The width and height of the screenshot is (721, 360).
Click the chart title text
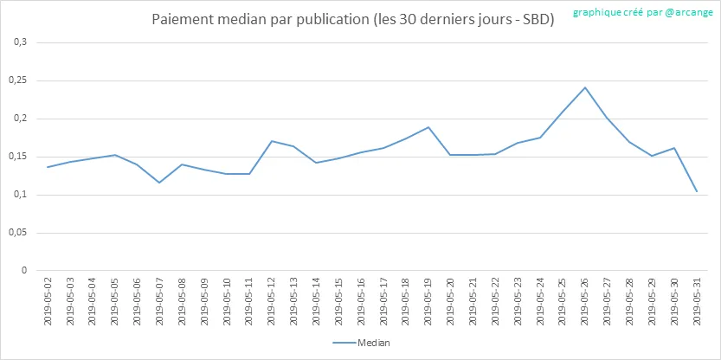point(352,21)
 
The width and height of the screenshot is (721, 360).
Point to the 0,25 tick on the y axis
point(21,80)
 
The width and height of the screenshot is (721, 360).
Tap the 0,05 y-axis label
point(21,233)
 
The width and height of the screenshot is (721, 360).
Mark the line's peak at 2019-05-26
point(585,87)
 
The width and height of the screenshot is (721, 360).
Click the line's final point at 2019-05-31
point(697,192)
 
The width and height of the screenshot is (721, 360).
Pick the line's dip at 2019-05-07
point(159,183)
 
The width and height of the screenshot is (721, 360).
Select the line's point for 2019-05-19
point(428,127)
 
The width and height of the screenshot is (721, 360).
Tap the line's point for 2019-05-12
point(272,141)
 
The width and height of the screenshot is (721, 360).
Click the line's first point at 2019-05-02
point(48,167)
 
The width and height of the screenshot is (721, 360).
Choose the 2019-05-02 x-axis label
point(48,302)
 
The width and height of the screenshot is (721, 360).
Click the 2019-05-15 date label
point(339,302)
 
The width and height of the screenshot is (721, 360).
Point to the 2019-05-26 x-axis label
point(585,302)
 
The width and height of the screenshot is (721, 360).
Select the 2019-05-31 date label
point(698,302)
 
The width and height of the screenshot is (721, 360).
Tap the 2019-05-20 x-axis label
point(451,302)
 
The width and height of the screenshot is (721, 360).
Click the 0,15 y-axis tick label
point(21,157)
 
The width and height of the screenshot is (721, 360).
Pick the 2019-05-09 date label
point(204,302)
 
